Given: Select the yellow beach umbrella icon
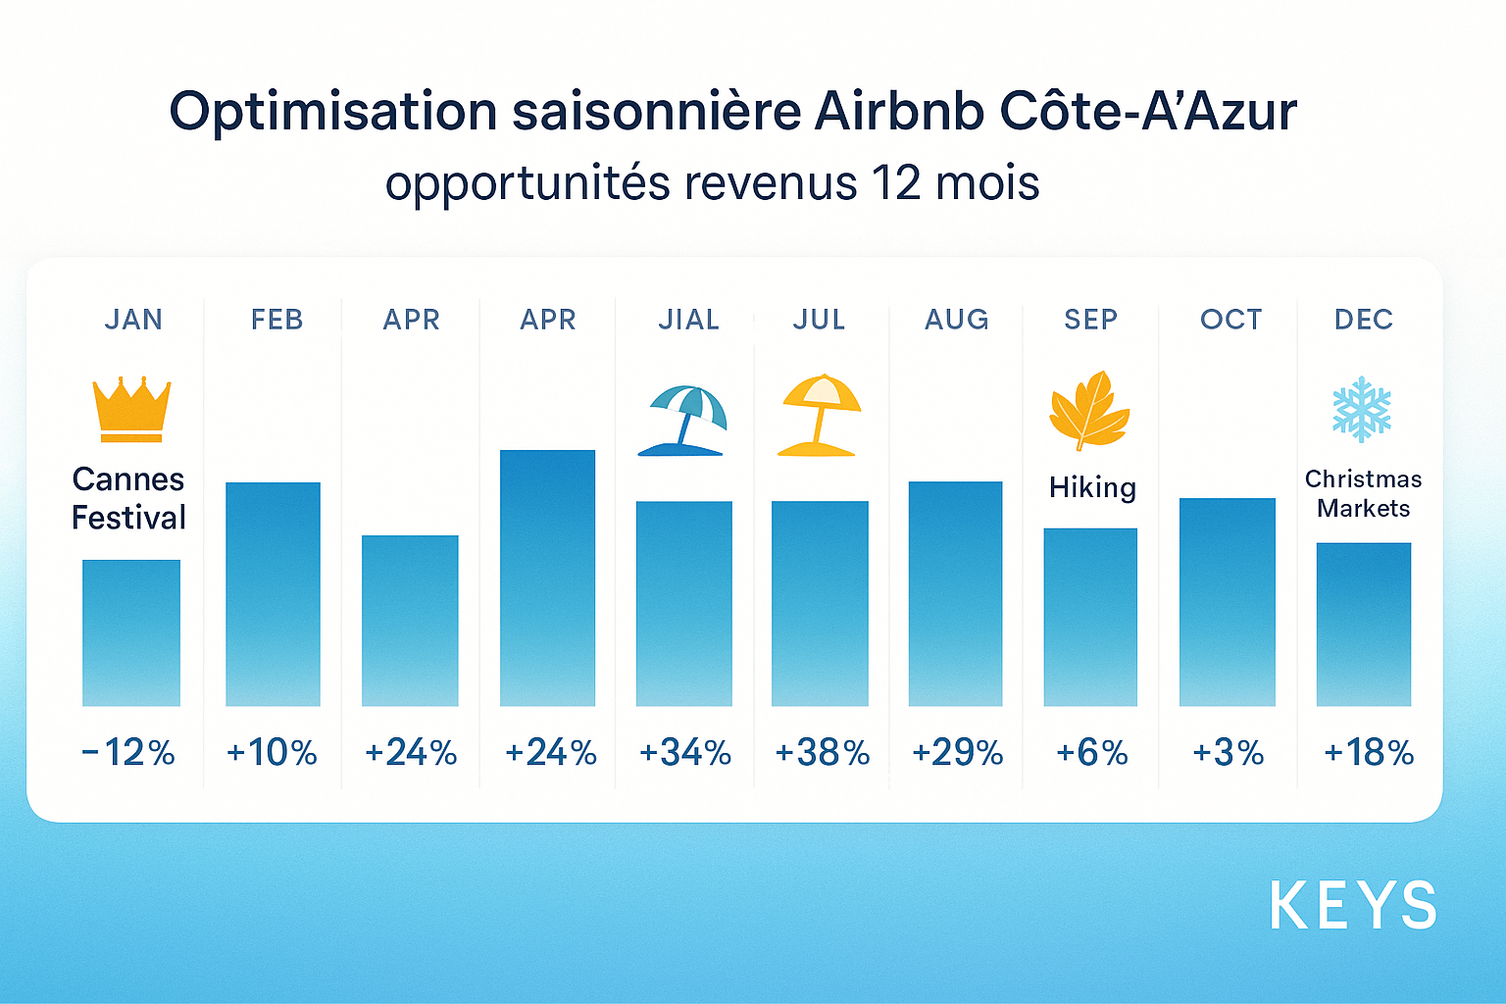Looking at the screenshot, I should (820, 416).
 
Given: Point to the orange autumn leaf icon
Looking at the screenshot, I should (1088, 411).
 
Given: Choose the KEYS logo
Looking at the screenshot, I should (1353, 906).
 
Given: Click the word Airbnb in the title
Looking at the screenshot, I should (899, 111).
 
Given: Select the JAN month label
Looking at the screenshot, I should (133, 320).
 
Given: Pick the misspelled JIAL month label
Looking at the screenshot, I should (688, 320).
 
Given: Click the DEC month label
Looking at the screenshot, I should (1363, 320).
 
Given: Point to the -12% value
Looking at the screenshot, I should (128, 753).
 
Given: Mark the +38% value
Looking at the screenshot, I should (822, 753).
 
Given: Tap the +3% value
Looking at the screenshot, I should (1228, 753).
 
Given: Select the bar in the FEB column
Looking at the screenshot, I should (273, 593).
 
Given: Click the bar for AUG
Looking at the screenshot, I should (955, 593).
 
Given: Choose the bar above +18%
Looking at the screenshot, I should (1363, 624).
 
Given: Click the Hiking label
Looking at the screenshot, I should (1092, 487).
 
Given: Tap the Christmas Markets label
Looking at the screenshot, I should (1363, 493).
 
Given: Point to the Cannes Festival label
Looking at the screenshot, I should (128, 498).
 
